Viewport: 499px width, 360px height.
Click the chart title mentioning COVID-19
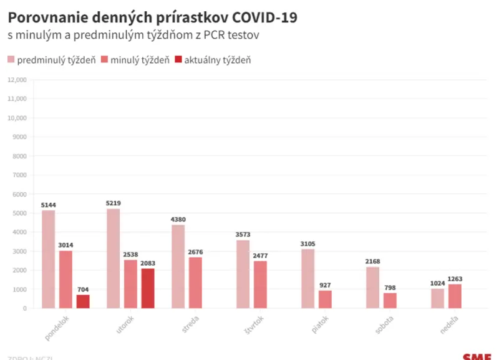(152, 17)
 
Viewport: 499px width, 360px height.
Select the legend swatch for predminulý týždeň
(11, 60)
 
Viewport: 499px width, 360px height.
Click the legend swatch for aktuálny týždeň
(178, 60)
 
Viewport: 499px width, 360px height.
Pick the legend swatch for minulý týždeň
(105, 60)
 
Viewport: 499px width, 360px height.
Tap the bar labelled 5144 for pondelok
(48, 259)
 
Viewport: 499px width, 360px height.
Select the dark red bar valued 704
(83, 301)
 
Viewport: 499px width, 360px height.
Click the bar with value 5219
(113, 258)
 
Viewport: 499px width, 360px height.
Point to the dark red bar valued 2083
(148, 288)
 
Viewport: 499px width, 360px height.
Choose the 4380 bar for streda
(178, 266)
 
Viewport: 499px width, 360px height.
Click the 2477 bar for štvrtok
(260, 285)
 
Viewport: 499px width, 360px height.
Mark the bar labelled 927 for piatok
(325, 299)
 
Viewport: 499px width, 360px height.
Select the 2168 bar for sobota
(372, 288)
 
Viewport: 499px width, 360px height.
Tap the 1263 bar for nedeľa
(455, 296)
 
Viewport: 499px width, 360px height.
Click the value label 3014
(65, 245)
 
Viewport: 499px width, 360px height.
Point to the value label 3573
(243, 235)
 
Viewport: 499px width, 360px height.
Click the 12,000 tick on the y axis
(16, 80)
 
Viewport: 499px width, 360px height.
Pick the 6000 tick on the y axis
(19, 194)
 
